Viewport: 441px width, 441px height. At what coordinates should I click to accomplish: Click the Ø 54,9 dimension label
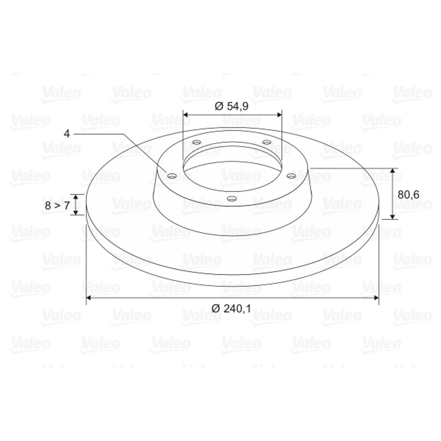(232, 106)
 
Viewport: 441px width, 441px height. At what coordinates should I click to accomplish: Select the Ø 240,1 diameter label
(231, 309)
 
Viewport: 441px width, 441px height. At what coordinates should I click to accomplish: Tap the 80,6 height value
(408, 194)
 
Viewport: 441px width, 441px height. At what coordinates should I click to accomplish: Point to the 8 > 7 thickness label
(57, 205)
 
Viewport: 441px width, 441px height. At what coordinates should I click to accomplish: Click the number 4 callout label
(67, 134)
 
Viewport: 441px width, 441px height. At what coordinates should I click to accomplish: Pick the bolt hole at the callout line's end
(172, 176)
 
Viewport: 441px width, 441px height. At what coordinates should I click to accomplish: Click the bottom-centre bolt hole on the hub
(232, 199)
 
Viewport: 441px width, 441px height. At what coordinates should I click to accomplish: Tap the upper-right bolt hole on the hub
(267, 142)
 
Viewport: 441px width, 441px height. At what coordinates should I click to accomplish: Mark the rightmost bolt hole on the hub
(291, 176)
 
